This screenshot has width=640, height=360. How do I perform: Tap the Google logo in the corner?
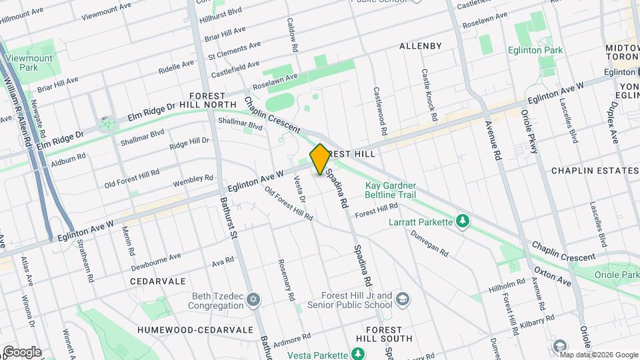point(22,351)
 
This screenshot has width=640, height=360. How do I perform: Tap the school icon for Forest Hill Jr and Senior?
point(402,299)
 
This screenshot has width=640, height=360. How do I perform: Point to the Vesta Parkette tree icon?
point(359,353)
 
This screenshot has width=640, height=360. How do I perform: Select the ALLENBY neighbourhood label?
point(420,46)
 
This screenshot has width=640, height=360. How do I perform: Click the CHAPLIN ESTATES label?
point(595,171)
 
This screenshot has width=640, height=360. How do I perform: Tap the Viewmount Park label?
point(29,63)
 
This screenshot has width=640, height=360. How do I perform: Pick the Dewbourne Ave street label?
point(156,262)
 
